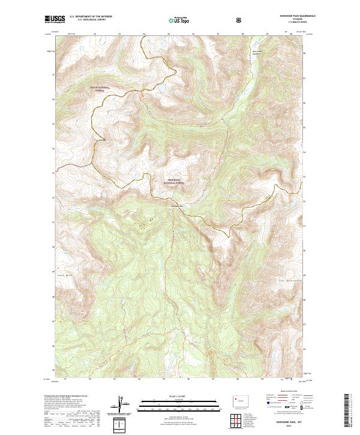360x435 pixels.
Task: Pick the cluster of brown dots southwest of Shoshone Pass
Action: [x=143, y=226]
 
